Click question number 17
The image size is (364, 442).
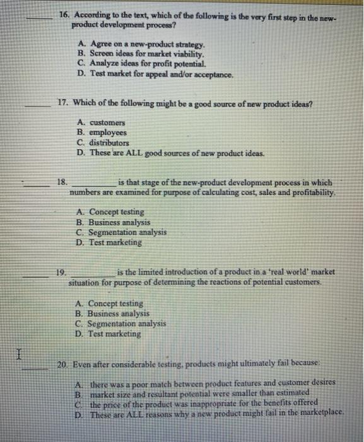click(62, 101)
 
